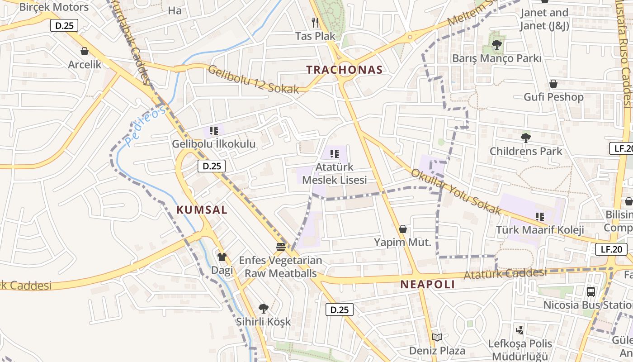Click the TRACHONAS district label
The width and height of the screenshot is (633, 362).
pos(345,70)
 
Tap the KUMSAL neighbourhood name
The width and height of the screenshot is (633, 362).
pos(202,210)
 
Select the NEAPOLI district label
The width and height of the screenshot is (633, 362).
pos(427,284)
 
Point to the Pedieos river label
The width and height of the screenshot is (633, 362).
pos(145,126)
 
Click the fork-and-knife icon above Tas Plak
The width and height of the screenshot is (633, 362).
pos(316,22)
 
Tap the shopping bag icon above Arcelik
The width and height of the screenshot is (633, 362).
pos(84,51)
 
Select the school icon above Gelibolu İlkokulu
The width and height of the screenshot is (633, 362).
pos(214,131)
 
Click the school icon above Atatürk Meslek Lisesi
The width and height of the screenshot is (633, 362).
pos(335,154)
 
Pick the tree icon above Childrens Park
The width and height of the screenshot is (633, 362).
pos(525,138)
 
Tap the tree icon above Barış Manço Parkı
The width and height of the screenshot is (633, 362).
pos(497,44)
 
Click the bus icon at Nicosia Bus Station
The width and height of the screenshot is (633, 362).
pos(590,291)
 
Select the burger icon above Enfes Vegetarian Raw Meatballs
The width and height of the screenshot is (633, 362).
pos(281,247)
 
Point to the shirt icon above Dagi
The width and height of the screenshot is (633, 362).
pos(222,257)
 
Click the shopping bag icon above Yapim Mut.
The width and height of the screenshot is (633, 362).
pos(403,229)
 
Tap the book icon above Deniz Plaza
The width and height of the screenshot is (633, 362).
pos(437,337)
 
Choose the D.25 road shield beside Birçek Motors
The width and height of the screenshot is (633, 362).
pos(64,25)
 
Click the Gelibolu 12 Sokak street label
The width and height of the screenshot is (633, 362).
pos(253,80)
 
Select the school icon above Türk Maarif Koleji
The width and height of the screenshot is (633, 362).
pos(539,216)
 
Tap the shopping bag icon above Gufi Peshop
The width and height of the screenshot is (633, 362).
pos(553,84)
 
